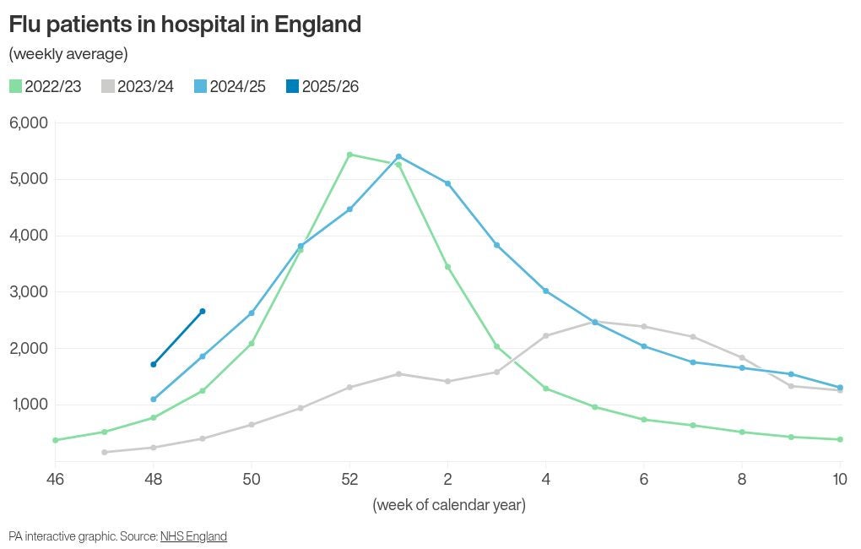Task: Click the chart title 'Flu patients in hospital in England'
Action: (185, 24)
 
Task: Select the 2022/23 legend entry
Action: (46, 86)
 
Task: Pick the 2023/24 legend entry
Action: (138, 86)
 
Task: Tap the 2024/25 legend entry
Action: (230, 86)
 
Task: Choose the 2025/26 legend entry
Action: (322, 86)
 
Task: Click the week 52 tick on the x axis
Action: (349, 479)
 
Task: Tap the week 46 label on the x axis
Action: (56, 479)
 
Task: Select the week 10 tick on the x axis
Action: (839, 479)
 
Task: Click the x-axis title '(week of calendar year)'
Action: (449, 505)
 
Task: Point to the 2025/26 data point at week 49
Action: (203, 312)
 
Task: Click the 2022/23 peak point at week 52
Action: (349, 155)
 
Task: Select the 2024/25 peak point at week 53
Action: (398, 156)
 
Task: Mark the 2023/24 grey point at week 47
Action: (105, 452)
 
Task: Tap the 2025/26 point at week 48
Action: (154, 365)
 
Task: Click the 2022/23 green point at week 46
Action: (56, 440)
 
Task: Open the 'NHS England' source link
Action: (193, 536)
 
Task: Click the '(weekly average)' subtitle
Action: (68, 54)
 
